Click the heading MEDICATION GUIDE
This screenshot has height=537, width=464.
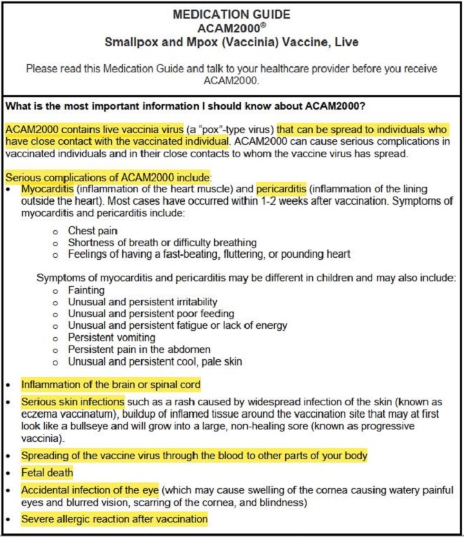pos(231,14)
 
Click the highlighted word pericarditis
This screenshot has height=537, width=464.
pos(284,188)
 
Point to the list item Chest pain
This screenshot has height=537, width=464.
pos(93,230)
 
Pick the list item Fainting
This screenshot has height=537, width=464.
pos(86,290)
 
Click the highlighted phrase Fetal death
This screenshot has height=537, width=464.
pos(46,474)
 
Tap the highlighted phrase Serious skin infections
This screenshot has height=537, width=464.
pos(72,401)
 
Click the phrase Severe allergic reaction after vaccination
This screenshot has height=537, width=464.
pos(114,518)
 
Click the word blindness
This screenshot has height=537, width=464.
pos(282,503)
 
